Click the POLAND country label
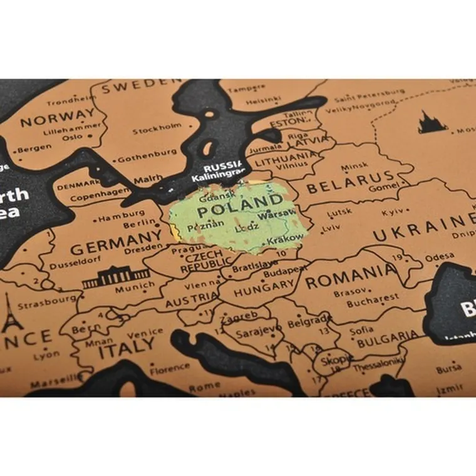240,202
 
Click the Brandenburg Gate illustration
116,277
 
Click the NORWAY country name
59,118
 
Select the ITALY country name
125,345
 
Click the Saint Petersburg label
368,96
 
